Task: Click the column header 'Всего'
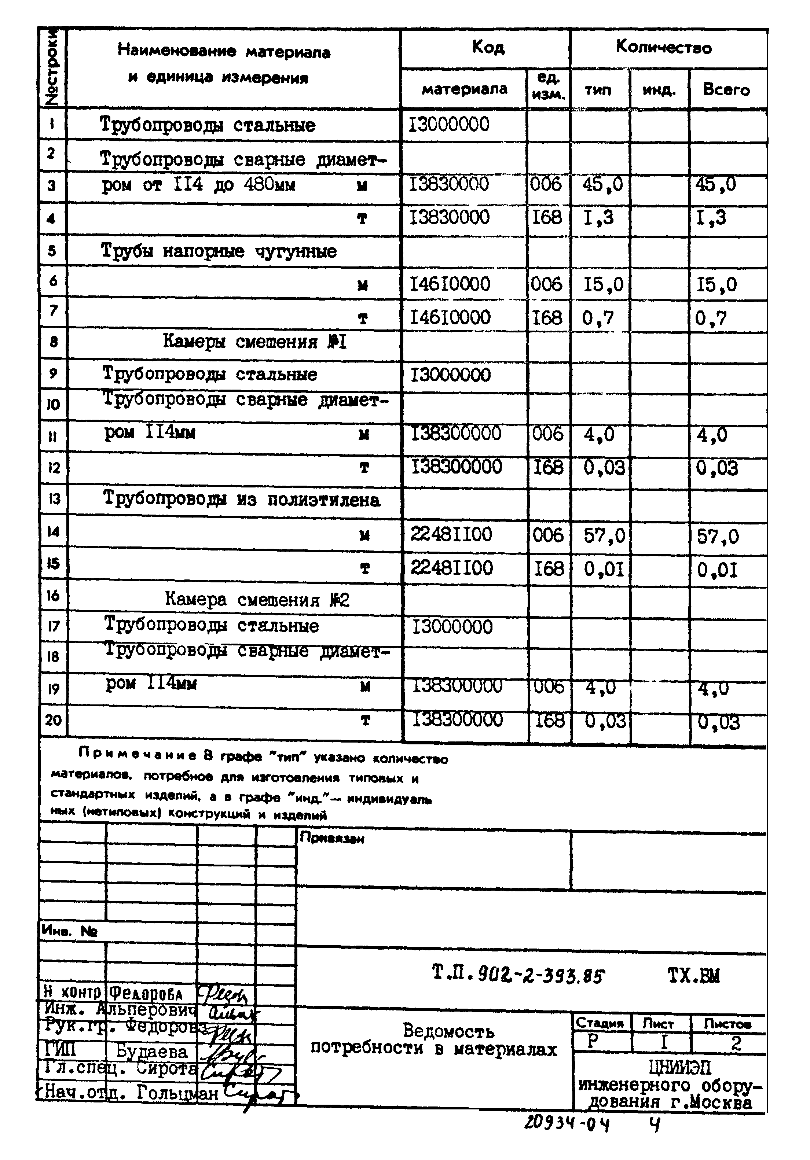coord(726,90)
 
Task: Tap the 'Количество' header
coord(663,48)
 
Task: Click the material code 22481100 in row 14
coord(451,534)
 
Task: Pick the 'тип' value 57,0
coord(604,535)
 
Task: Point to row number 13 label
coord(54,499)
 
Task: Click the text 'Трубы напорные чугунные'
coord(219,251)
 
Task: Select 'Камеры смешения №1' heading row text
coord(255,342)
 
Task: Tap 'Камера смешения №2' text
coord(257,600)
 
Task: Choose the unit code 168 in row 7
coord(547,318)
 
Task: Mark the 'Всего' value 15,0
coord(716,285)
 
